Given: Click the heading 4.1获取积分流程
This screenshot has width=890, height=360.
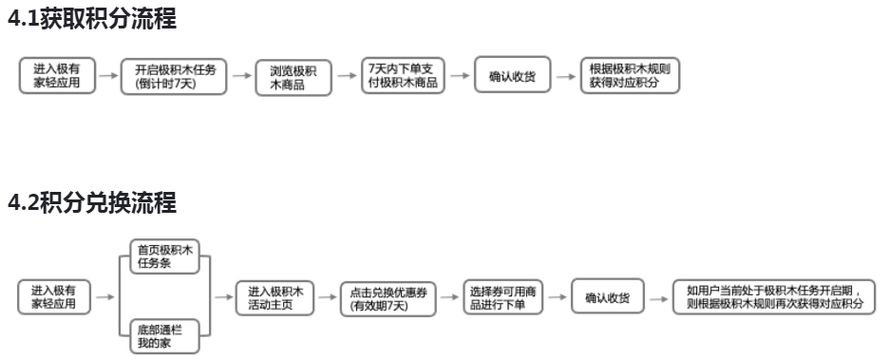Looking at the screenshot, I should pyautogui.click(x=92, y=16).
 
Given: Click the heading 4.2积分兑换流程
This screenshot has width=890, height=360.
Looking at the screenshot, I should pyautogui.click(x=92, y=202).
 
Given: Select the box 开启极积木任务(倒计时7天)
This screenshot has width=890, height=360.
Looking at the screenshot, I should pyautogui.click(x=175, y=76).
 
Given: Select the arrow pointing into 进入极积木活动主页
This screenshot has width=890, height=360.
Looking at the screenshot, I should pyautogui.click(x=223, y=296).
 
